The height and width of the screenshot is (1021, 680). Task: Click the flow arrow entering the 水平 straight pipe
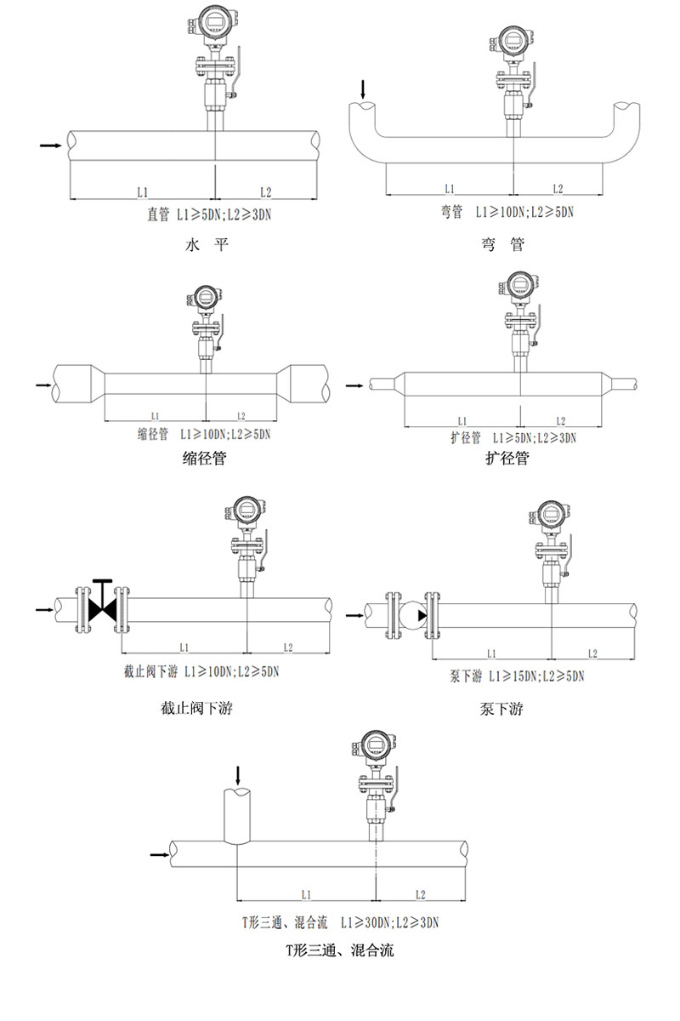click(x=50, y=145)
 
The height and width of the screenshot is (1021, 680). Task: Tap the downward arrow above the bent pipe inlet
click(x=363, y=88)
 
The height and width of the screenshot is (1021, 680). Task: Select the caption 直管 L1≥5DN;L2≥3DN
click(x=210, y=215)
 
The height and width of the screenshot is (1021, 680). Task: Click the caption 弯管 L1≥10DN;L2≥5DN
click(x=507, y=212)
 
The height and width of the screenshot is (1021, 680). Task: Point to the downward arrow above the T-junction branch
click(x=238, y=773)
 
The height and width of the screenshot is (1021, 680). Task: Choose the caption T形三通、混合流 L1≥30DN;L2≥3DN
click(x=339, y=921)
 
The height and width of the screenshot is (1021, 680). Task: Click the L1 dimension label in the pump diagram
click(x=491, y=653)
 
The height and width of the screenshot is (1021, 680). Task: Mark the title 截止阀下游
click(x=195, y=708)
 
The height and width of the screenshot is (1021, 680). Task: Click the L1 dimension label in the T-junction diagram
click(x=306, y=894)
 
